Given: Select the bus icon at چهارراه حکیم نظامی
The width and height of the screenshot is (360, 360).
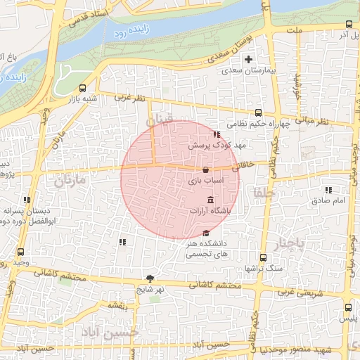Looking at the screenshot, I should click(x=258, y=112).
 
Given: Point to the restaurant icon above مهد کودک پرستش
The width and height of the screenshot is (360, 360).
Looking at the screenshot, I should click(x=216, y=134).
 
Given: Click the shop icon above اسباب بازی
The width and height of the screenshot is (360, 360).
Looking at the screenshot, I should click(x=205, y=170).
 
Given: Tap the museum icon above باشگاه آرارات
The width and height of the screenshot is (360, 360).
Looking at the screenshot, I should click(x=211, y=200).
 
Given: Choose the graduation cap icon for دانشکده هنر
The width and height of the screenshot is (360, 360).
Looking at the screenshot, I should click(x=205, y=233).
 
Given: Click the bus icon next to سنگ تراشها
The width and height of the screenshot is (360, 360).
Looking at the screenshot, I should click(x=263, y=257).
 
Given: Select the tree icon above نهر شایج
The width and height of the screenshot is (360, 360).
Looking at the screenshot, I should click(x=150, y=278).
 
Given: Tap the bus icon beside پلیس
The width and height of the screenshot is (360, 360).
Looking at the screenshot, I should click(x=349, y=307).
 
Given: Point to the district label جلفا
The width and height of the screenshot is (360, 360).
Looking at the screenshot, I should click(x=264, y=193).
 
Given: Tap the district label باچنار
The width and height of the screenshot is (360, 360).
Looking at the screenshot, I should click(x=290, y=243).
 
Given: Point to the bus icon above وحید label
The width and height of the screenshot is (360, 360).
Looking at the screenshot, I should click(x=20, y=251).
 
